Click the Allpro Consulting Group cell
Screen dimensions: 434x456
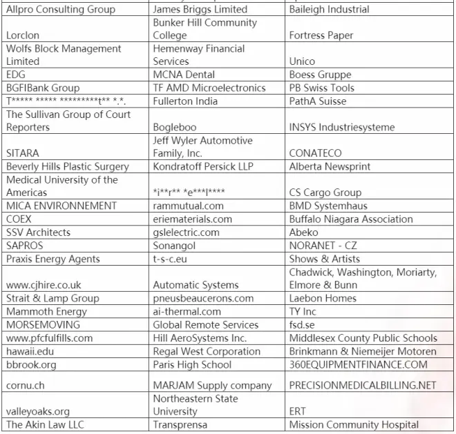tap(61, 10)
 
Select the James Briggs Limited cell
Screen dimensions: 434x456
tap(200, 10)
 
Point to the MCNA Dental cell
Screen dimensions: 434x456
tap(184, 75)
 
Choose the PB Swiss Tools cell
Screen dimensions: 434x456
tap(322, 88)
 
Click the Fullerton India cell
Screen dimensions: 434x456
tap(185, 101)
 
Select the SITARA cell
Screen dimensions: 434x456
tap(23, 153)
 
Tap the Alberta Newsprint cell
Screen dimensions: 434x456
tap(330, 166)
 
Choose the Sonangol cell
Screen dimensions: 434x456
tap(175, 245)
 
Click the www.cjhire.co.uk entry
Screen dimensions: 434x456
tap(44, 284)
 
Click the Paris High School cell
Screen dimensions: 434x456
tap(193, 364)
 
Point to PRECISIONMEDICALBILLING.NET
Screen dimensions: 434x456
tap(363, 385)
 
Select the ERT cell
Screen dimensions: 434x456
tap(298, 411)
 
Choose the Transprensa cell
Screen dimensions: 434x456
tap(180, 425)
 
